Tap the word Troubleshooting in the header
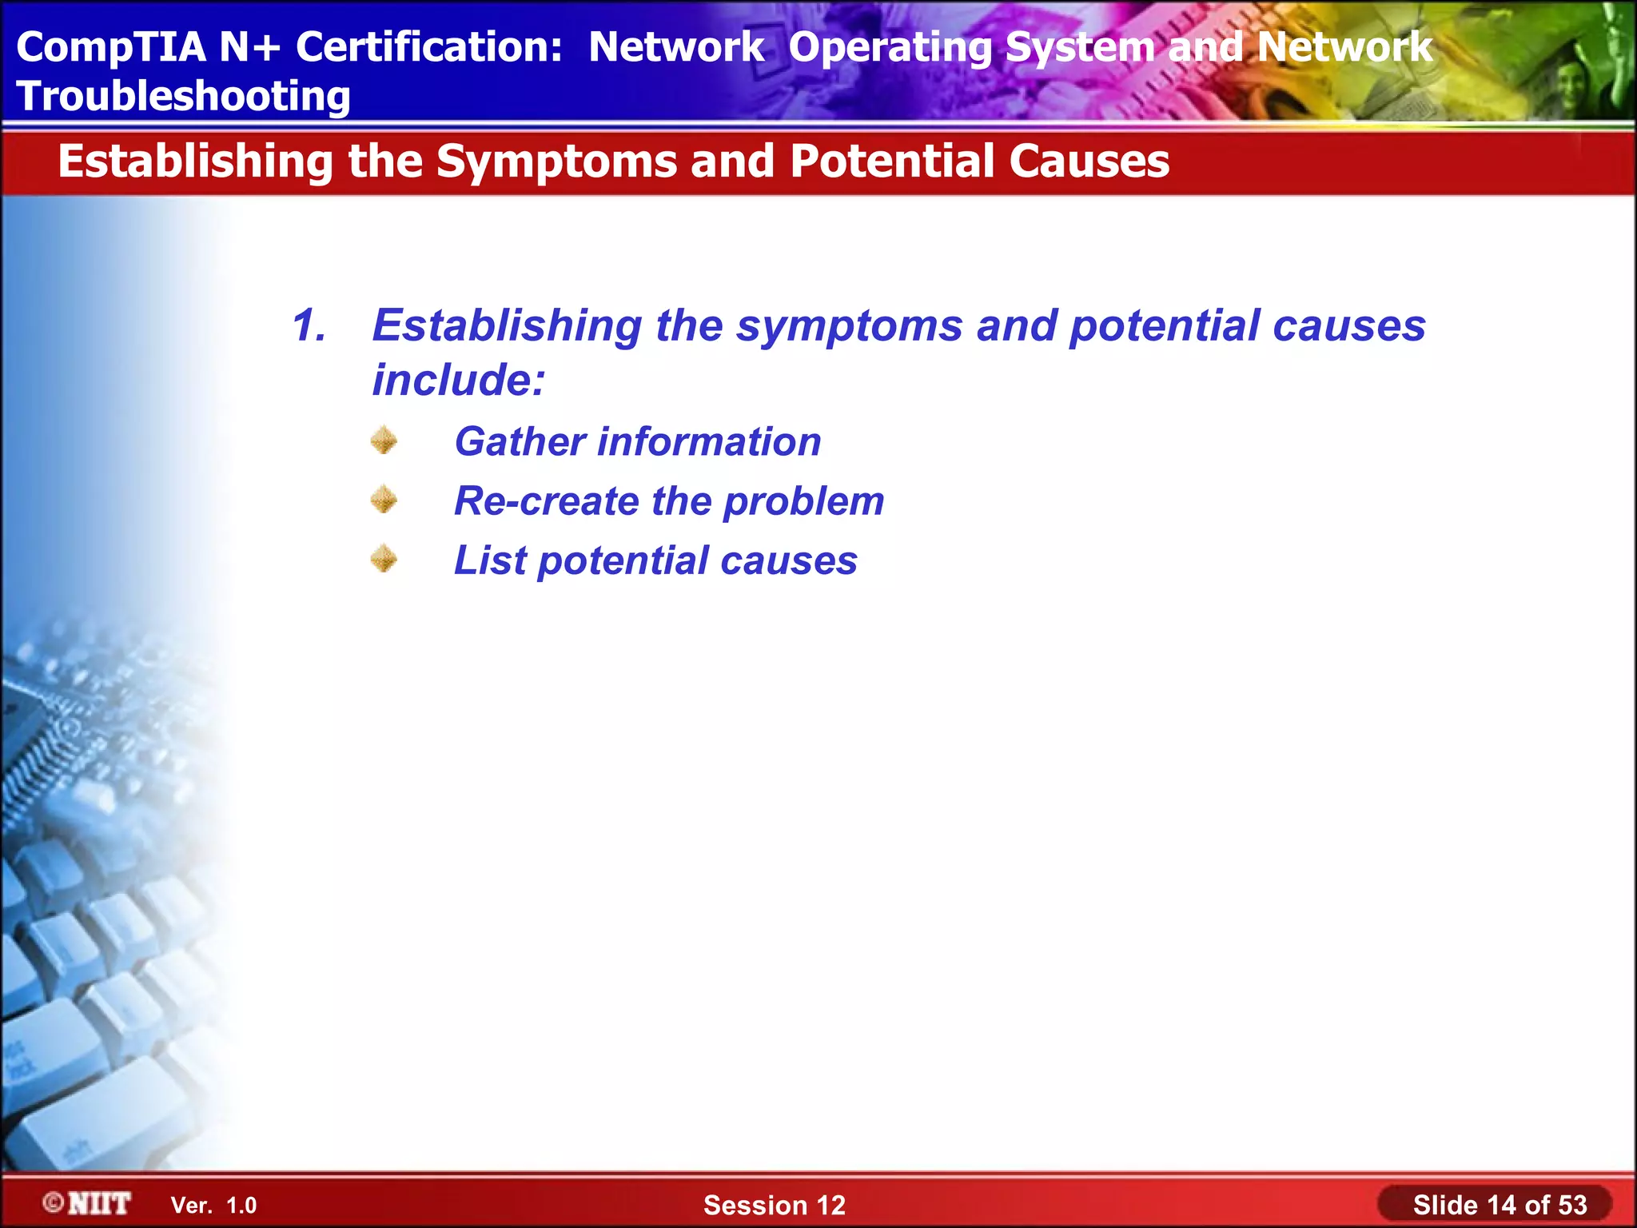coord(184,96)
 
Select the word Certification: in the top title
coord(429,46)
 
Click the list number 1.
coord(309,325)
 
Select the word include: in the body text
coord(459,380)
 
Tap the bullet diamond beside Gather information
coord(384,441)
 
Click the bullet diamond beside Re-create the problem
coord(384,500)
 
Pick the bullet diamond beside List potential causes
coord(384,559)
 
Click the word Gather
coord(520,441)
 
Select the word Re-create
coord(545,501)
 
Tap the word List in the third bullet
coord(490,560)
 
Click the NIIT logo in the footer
coord(88,1203)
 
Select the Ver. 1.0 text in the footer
coord(213,1205)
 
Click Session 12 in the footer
coord(774,1205)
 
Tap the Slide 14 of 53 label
coord(1499,1204)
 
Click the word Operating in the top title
coord(890,48)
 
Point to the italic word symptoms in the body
coord(849,327)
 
